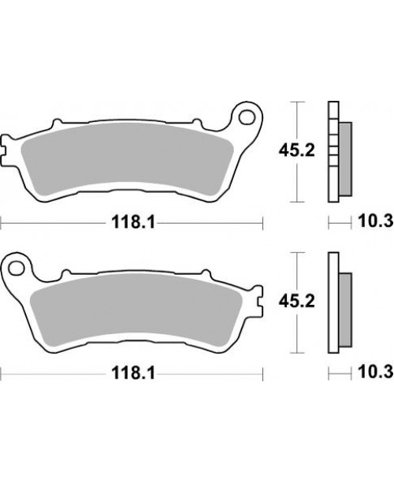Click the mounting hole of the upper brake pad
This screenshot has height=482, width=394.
coord(247,117)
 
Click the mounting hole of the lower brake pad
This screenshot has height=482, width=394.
coord(17,268)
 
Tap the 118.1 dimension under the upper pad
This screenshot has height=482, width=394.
coord(133,221)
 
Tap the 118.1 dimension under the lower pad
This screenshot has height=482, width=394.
coord(133,373)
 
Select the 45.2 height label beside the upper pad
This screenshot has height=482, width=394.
coord(296,150)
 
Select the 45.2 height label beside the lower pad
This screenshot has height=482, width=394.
coord(296,302)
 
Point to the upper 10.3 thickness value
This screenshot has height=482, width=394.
coord(376,221)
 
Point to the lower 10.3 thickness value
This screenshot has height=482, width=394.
coord(376,372)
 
